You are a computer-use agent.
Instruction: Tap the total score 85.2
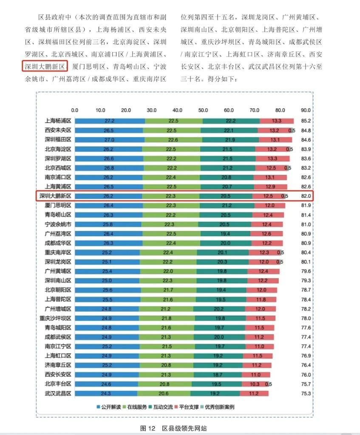click(306, 121)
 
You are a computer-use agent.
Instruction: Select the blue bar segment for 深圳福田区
click(109, 139)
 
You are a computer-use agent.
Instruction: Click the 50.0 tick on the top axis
click(203, 110)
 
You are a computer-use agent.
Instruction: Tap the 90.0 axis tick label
click(306, 110)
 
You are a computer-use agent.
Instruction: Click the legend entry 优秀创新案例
click(218, 407)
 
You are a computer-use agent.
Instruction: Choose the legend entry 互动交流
click(162, 407)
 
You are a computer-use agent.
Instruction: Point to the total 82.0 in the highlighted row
click(306, 196)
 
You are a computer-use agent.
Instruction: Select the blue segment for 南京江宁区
click(109, 346)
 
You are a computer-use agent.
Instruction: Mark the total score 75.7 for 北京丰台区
click(306, 384)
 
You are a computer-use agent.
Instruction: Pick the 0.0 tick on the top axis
click(74, 110)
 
